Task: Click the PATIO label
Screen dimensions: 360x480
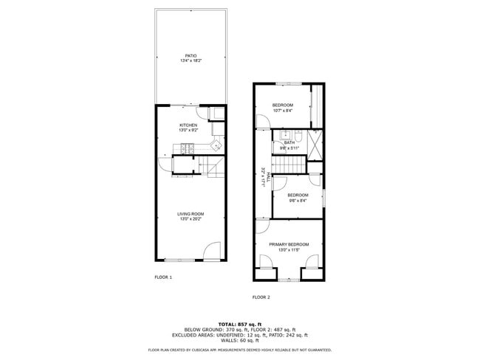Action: pyautogui.click(x=190, y=55)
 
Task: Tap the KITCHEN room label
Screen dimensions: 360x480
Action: pyautogui.click(x=188, y=125)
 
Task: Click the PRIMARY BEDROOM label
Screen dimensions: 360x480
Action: pyautogui.click(x=289, y=244)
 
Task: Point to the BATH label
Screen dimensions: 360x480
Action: pyautogui.click(x=289, y=142)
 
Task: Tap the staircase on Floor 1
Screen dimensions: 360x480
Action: pyautogui.click(x=214, y=167)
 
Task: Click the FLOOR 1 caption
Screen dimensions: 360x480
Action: pyautogui.click(x=163, y=277)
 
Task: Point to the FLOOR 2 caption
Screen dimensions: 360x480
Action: pyautogui.click(x=261, y=297)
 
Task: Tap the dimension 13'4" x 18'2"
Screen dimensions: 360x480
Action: pyautogui.click(x=190, y=60)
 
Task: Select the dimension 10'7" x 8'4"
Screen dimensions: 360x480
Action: pyautogui.click(x=283, y=111)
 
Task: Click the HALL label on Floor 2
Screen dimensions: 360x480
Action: pyautogui.click(x=264, y=179)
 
